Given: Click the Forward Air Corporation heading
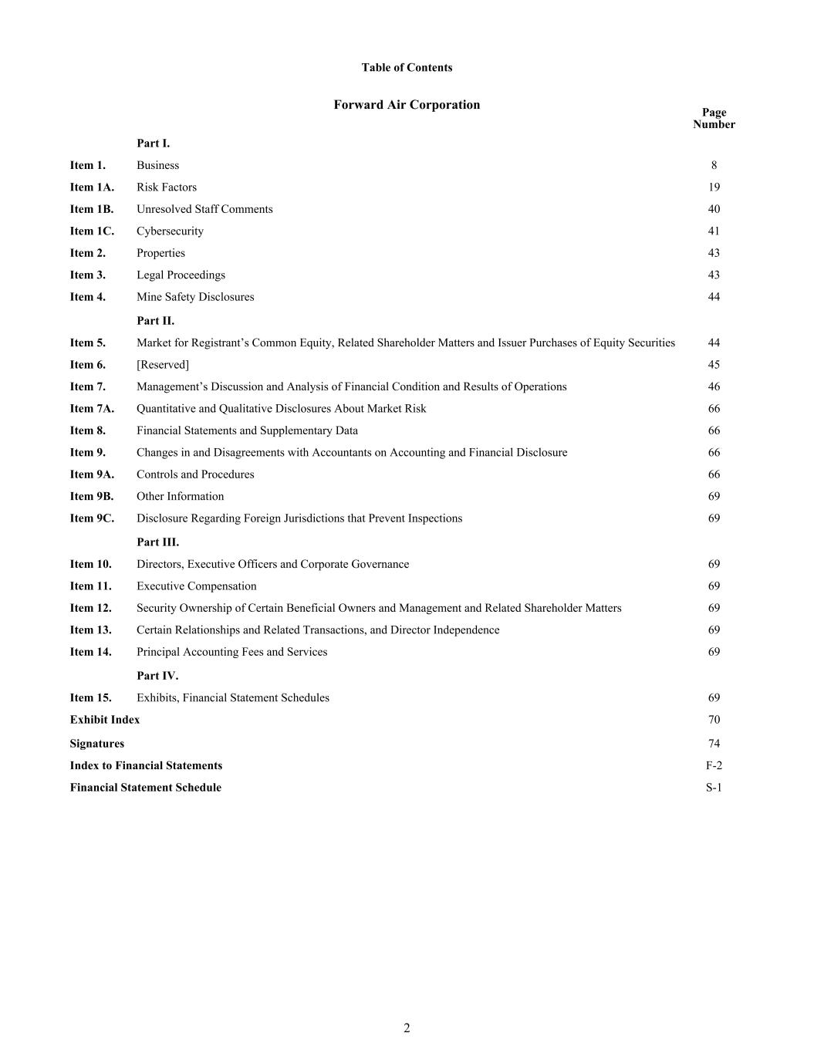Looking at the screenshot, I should [x=407, y=105].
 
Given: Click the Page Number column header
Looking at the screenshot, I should [x=714, y=118].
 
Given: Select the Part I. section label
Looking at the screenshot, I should [x=153, y=143].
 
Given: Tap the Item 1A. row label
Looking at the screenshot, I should [x=92, y=187].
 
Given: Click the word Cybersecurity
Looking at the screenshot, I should [x=170, y=231].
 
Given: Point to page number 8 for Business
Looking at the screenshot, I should [x=714, y=165].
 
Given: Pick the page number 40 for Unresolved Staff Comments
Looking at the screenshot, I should [x=714, y=209].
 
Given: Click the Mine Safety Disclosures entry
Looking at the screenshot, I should [x=195, y=297].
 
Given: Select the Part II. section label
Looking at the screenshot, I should [x=155, y=321].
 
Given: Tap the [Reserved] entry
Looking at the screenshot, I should [x=163, y=365].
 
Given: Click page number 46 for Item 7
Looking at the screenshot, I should [x=714, y=386].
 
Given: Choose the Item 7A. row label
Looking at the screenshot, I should [x=92, y=409].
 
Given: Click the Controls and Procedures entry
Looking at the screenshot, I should [x=195, y=474].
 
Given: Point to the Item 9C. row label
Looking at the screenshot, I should [x=92, y=518].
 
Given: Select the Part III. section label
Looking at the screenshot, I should [x=157, y=542].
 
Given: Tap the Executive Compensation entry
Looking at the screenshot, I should [x=196, y=586].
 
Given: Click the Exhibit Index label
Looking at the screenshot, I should [x=105, y=720].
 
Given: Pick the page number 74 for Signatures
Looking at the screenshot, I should [x=714, y=744].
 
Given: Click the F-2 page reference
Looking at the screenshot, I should [x=714, y=766].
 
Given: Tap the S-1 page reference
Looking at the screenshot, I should [x=714, y=788].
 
